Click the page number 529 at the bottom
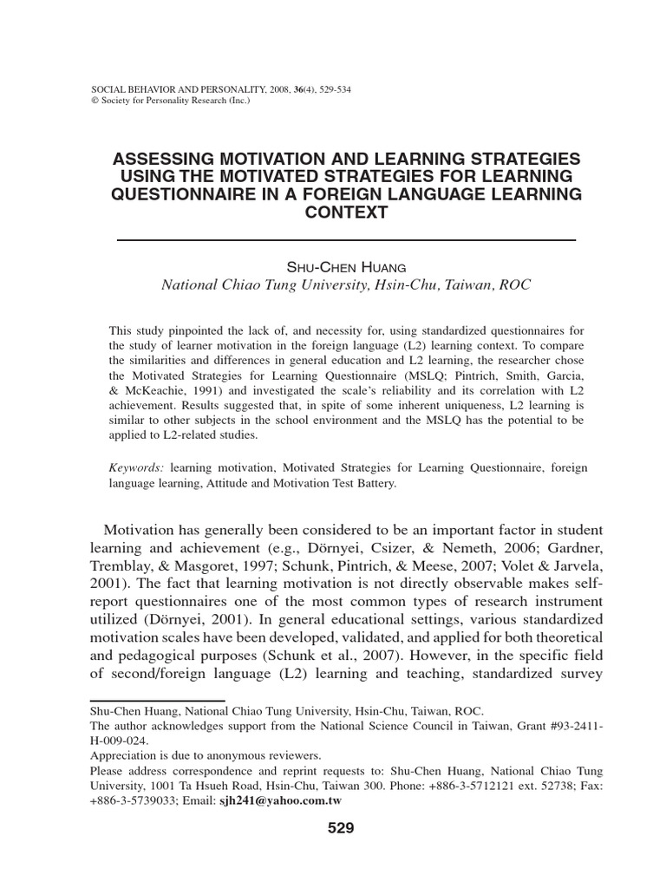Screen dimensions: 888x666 [342, 828]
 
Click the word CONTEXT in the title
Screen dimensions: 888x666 [345, 212]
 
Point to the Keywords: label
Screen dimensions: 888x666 [136, 467]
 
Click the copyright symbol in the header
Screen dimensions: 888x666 [95, 101]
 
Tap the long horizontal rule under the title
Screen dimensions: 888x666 [345, 239]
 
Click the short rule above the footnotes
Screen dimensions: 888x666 [157, 700]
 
